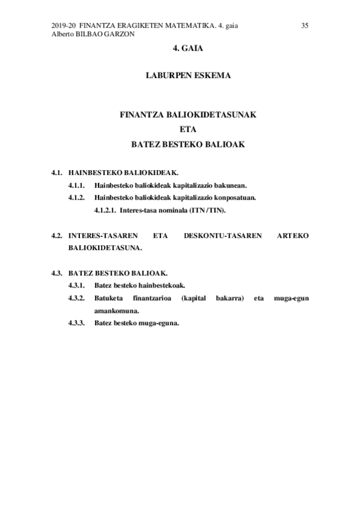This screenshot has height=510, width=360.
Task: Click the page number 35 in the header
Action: coord(305,25)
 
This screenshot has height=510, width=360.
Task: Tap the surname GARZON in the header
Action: coord(118,34)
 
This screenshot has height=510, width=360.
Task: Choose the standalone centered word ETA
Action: coord(188,129)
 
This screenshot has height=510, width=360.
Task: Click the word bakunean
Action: coord(229,185)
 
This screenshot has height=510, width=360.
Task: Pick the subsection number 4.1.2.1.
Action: coord(105,210)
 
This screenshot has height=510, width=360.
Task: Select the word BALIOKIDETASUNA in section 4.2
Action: coord(105,248)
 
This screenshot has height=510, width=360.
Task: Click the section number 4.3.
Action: coord(58,273)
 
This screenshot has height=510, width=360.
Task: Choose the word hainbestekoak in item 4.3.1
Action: coord(162,286)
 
